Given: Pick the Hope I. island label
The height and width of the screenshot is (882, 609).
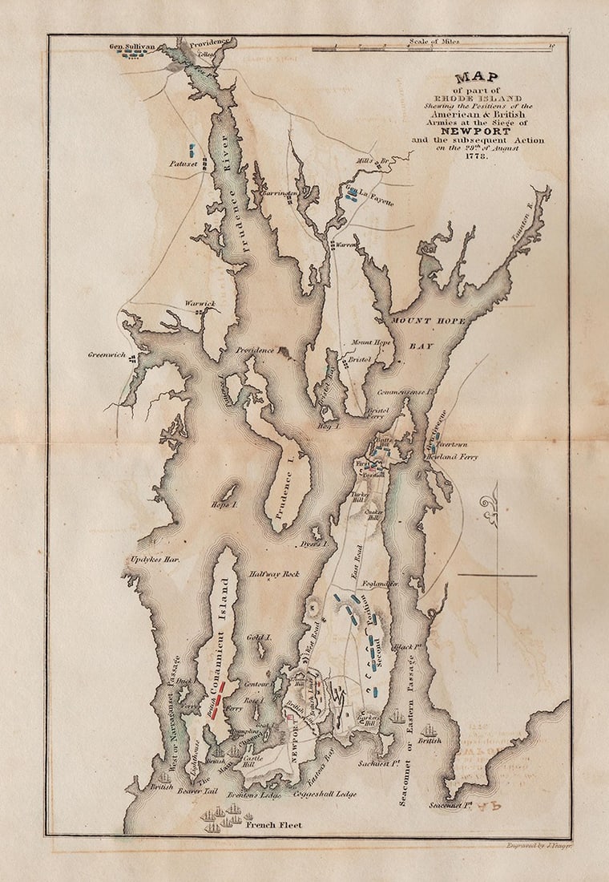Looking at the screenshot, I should pos(225,505).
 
